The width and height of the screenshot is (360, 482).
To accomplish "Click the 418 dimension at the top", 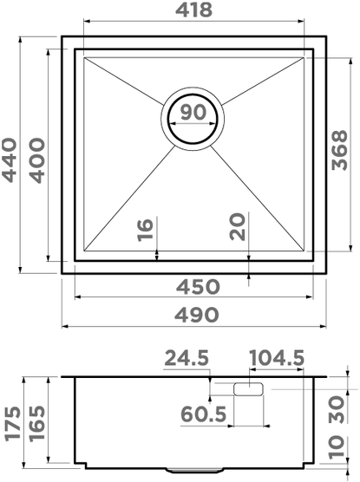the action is [193, 10].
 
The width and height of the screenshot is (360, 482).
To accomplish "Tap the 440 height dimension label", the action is [9, 160].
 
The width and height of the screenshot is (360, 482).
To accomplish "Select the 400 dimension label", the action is [37, 160].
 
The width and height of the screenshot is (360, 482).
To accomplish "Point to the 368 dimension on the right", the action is [340, 150].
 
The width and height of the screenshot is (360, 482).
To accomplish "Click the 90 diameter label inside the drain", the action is [193, 112].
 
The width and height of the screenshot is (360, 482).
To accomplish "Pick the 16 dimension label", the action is [145, 230].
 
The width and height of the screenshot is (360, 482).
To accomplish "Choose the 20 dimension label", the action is [237, 226].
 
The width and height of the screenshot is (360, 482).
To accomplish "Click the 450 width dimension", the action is [198, 286].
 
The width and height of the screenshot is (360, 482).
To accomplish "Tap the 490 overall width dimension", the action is [197, 315].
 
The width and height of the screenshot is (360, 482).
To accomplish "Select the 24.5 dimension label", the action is [187, 358].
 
